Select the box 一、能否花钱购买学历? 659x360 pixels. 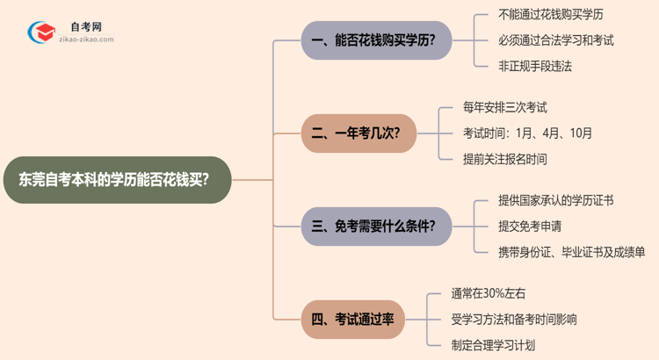pyautogui.click(x=374, y=40)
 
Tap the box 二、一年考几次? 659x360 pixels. pyautogui.click(x=358, y=133)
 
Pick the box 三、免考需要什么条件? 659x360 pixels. pyautogui.click(x=374, y=226)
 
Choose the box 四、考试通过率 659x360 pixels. pyautogui.click(x=352, y=319)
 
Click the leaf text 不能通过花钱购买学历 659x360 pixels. pyautogui.click(x=551, y=15)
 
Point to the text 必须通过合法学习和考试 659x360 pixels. pyautogui.click(x=556, y=40)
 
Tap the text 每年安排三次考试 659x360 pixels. pyautogui.click(x=505, y=108)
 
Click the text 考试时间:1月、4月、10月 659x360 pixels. pyautogui.click(x=527, y=133)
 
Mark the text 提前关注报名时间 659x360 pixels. pyautogui.click(x=505, y=159)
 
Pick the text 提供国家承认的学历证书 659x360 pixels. pyautogui.click(x=555, y=200)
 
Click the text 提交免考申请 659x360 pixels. pyautogui.click(x=530, y=226)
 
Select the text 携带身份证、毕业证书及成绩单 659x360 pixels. pyautogui.click(x=572, y=252)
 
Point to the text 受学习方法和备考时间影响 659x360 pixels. pyautogui.click(x=514, y=319)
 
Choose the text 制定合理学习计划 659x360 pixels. pyautogui.click(x=493, y=345)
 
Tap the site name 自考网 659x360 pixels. pyautogui.click(x=85, y=27)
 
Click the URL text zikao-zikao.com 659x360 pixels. pyautogui.click(x=86, y=40)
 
